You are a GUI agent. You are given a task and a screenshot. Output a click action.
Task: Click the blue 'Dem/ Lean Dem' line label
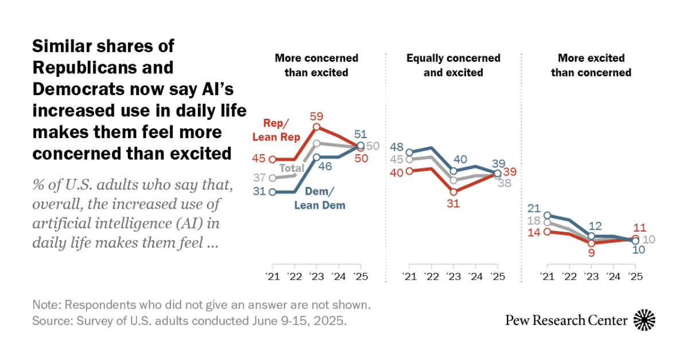click(320, 199)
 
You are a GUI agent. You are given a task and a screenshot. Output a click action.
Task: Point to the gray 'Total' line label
click(291, 168)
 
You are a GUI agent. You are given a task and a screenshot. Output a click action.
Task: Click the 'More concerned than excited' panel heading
click(316, 65)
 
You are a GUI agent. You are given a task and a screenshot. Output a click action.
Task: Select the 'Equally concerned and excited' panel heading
click(453, 65)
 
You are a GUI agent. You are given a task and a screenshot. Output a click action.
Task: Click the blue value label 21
click(535, 208)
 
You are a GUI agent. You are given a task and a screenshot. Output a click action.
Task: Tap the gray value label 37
click(260, 178)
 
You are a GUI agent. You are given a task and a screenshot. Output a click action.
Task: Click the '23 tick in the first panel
click(316, 276)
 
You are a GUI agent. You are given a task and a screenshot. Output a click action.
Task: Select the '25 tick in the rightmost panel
click(634, 276)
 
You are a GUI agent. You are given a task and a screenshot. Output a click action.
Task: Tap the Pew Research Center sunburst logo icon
click(644, 320)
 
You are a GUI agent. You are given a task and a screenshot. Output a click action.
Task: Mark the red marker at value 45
click(272, 159)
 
